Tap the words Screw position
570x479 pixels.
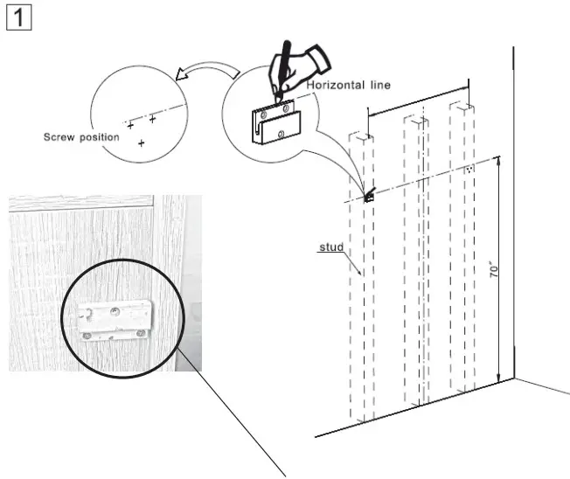[81, 137]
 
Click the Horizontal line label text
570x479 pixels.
[348, 85]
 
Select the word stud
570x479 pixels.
[329, 248]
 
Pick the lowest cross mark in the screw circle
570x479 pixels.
[141, 142]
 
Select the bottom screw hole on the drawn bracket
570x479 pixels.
[280, 134]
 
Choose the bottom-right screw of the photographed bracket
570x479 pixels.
[138, 332]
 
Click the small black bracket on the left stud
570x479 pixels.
[368, 196]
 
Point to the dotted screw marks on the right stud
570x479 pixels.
[469, 169]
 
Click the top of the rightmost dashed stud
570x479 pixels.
[462, 107]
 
